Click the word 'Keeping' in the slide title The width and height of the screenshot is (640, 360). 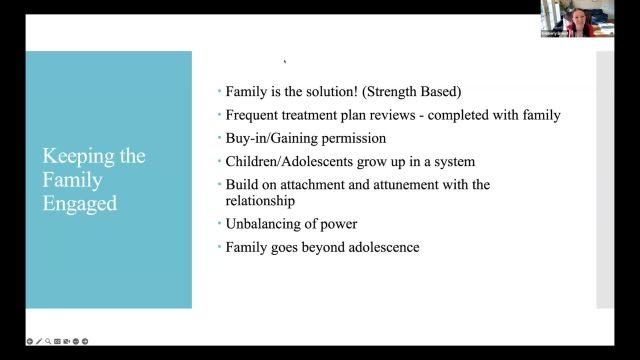click(x=74, y=156)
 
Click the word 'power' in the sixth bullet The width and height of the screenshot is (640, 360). click(x=337, y=223)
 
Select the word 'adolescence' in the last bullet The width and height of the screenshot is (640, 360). click(x=381, y=246)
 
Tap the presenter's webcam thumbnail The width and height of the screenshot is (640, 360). click(x=565, y=18)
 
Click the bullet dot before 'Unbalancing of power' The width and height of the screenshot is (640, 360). click(x=219, y=224)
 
